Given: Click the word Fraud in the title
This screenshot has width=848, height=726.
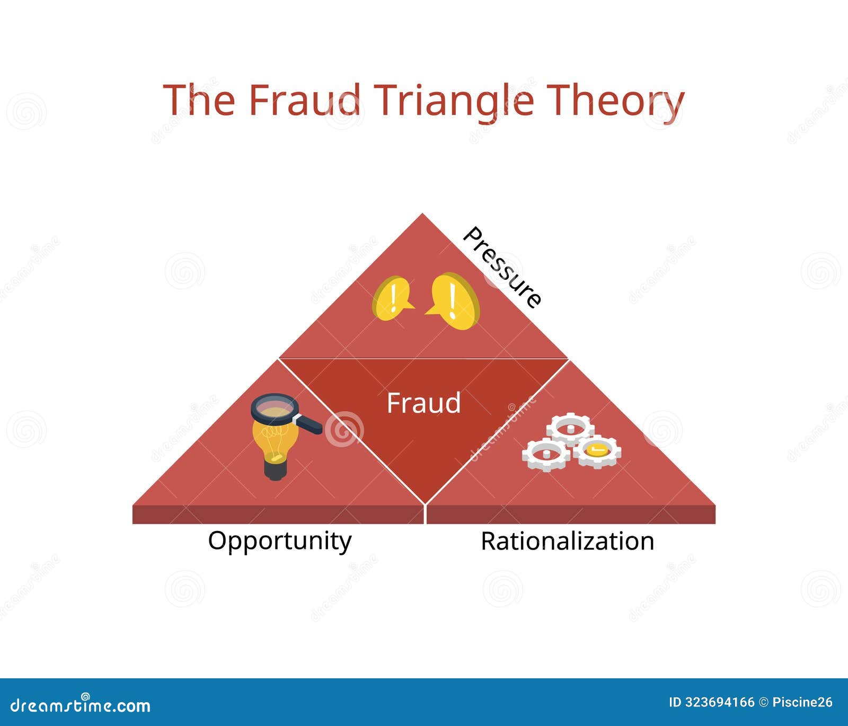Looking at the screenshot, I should tap(304, 100).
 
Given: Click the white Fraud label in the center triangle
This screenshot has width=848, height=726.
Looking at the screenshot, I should tap(423, 403).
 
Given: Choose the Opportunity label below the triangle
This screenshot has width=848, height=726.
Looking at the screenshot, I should tap(279, 541).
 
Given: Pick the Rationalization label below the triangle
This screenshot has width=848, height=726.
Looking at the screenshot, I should tap(567, 542).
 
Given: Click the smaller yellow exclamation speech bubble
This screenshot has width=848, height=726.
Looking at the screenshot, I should tap(392, 298).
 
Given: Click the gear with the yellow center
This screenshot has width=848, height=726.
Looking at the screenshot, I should tap(597, 450).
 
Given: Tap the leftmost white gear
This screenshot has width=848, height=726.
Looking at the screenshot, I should tap(546, 455).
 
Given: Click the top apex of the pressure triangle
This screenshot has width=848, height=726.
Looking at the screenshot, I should tap(422, 215).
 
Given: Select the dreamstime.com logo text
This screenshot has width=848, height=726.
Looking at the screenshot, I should tap(81, 705).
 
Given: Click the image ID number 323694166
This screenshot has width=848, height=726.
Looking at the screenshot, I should tap(720, 703).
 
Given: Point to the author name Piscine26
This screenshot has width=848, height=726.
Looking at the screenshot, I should tap(802, 703).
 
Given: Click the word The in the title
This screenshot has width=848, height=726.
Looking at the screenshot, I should tap(199, 100).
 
